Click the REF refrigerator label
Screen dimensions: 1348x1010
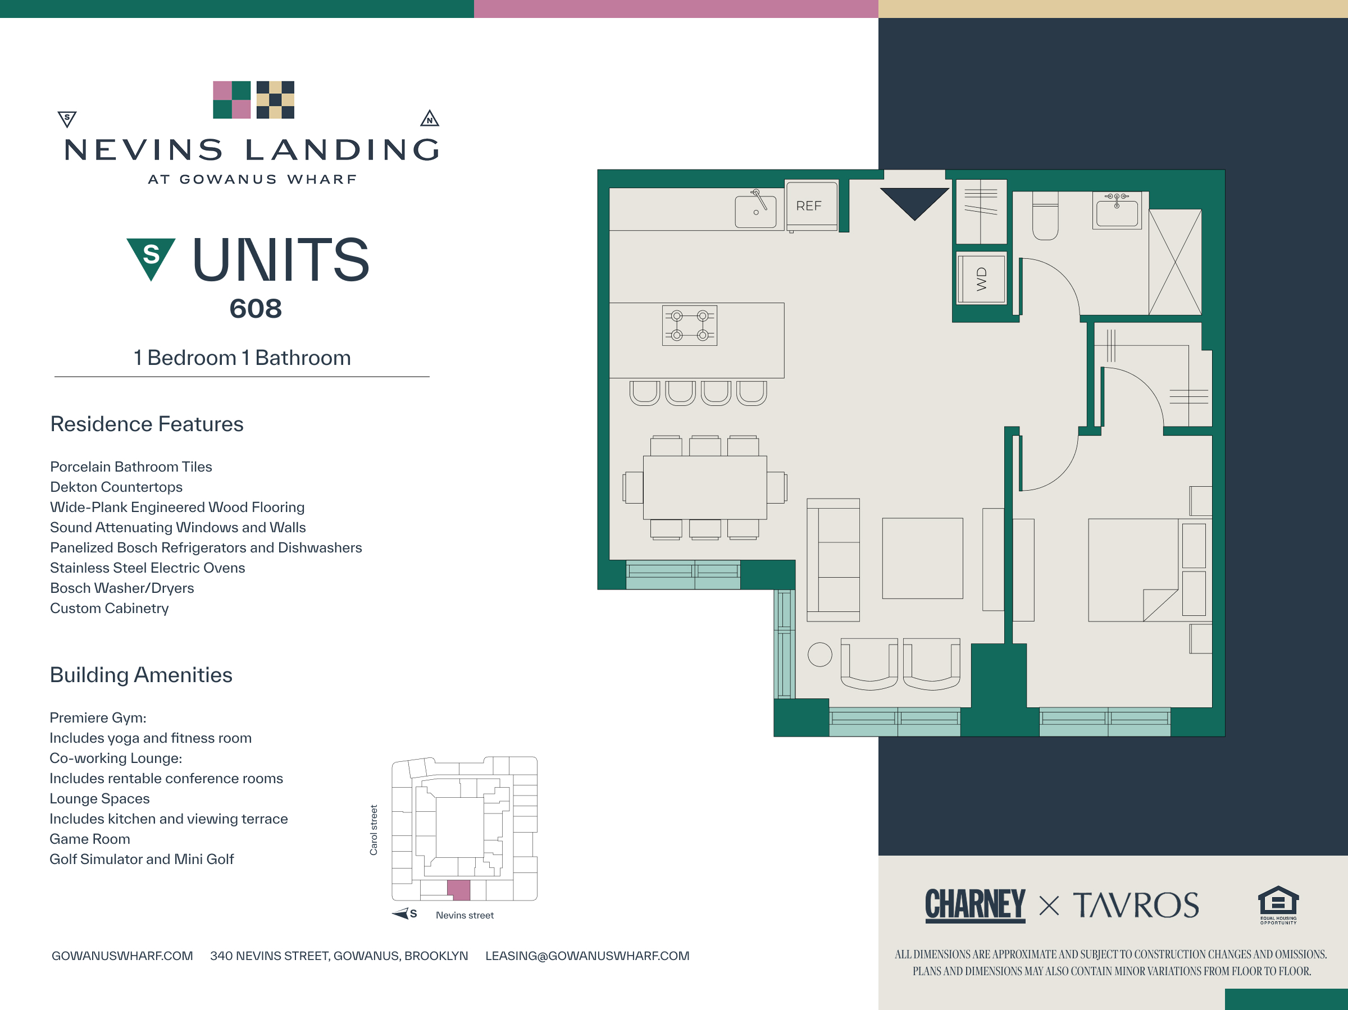[x=809, y=206]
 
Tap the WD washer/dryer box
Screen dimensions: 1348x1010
[x=981, y=279]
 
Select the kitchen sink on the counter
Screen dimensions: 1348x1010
[x=755, y=211]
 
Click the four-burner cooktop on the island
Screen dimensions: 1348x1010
[x=689, y=325]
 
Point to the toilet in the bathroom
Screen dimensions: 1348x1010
[x=1045, y=216]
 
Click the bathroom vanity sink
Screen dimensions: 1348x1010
[x=1117, y=211]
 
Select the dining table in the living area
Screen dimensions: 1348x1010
[x=704, y=487]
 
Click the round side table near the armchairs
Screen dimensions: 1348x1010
[x=819, y=655]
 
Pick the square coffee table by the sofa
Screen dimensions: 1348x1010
[x=923, y=558]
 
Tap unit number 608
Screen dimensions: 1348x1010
[x=256, y=308]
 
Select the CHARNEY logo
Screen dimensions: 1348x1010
[x=975, y=904]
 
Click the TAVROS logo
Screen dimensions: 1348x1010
[x=1136, y=905]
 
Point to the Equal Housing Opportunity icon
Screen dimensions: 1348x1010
[x=1278, y=904]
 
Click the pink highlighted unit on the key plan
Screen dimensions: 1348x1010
[x=459, y=890]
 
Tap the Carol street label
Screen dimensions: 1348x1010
[x=374, y=830]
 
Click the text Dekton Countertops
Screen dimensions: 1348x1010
[x=116, y=487]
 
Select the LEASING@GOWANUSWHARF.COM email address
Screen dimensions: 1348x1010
[x=588, y=956]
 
